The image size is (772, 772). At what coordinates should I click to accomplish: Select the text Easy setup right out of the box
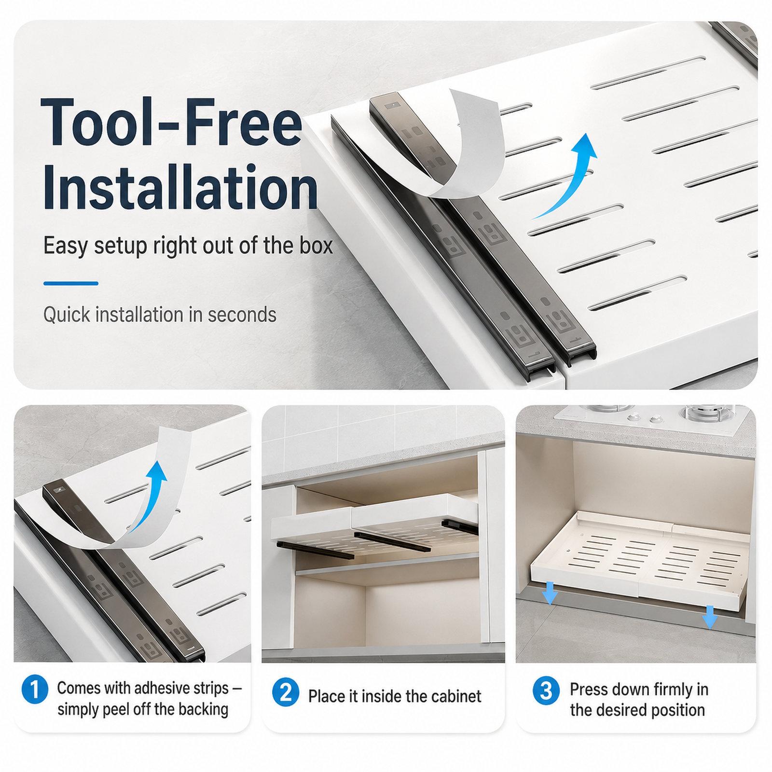[x=188, y=246]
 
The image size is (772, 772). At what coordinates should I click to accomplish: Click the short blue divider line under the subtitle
[x=71, y=283]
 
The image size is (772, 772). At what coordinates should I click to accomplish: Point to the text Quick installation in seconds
[x=160, y=315]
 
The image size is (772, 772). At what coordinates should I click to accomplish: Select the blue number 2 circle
[x=285, y=693]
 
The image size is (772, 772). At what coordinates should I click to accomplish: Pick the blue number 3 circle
[x=546, y=691]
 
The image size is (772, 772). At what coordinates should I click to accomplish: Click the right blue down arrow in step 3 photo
[x=709, y=617]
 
